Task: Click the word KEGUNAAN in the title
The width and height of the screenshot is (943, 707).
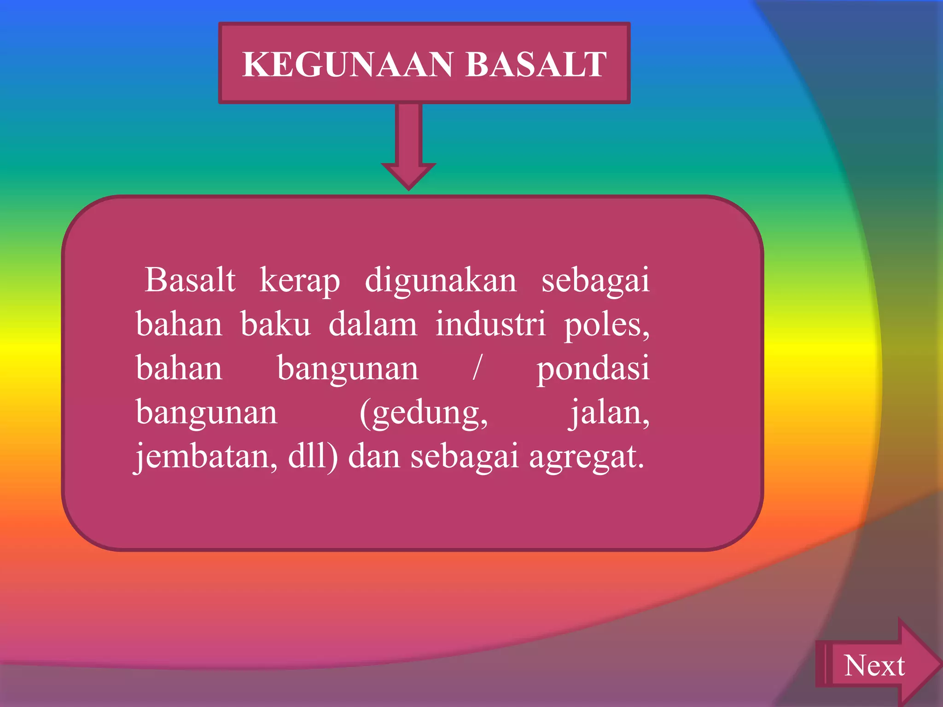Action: pyautogui.click(x=348, y=64)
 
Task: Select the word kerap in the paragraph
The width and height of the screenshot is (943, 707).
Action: pyautogui.click(x=300, y=280)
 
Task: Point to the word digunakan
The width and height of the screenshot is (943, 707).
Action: pyautogui.click(x=440, y=280)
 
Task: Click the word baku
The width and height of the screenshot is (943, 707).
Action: pyautogui.click(x=275, y=325)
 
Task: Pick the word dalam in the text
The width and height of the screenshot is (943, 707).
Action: pyautogui.click(x=373, y=325)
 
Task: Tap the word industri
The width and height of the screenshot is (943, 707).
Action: pyautogui.click(x=491, y=325)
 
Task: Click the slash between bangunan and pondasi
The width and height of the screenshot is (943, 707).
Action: pyautogui.click(x=477, y=368)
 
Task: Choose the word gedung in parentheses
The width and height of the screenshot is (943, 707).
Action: pyautogui.click(x=424, y=413)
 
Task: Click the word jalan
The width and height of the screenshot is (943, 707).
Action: pyautogui.click(x=609, y=412)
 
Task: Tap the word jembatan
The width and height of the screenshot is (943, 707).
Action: pyautogui.click(x=205, y=457)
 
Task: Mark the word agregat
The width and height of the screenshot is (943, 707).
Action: pyautogui.click(x=586, y=458)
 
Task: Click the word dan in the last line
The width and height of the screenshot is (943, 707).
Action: pyautogui.click(x=374, y=457)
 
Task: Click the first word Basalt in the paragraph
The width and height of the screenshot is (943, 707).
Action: pyautogui.click(x=190, y=280)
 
